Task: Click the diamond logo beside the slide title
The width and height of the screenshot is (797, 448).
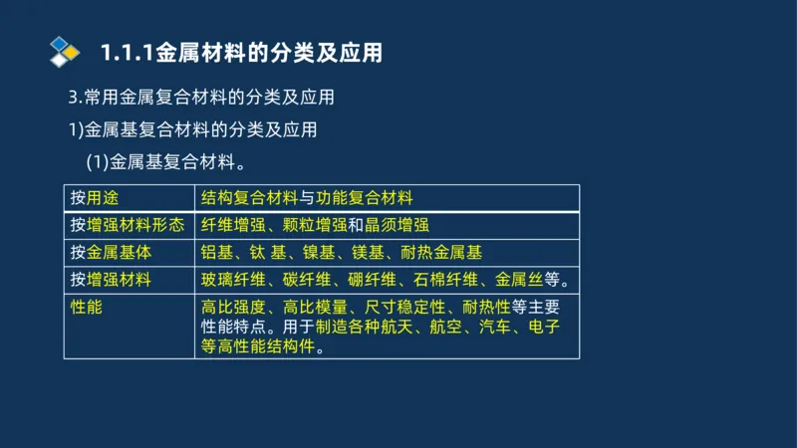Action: click(65, 52)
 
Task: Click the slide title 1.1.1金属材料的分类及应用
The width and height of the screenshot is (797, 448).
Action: click(242, 53)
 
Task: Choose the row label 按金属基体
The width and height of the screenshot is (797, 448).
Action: click(111, 252)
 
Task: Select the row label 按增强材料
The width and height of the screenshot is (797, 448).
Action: click(111, 280)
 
